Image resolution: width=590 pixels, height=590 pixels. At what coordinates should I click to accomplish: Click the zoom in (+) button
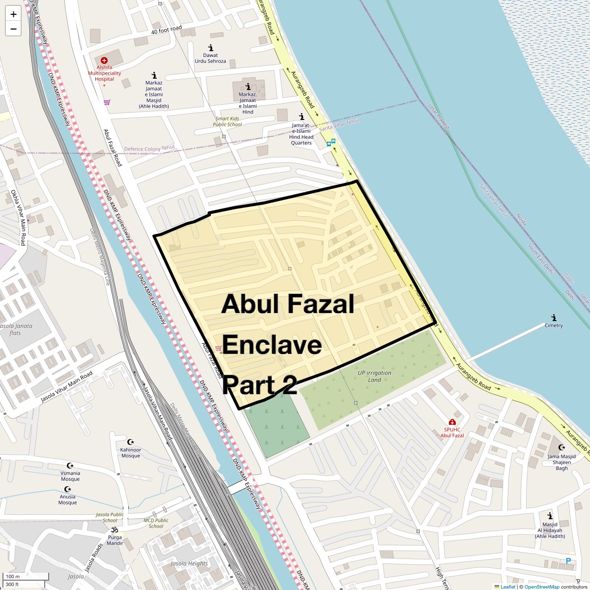13,14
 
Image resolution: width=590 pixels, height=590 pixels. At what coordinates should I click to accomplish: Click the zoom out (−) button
13,29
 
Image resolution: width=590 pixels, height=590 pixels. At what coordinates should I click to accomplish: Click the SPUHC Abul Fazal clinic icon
452,422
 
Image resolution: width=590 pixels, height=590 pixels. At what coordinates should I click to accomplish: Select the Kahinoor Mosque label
130,452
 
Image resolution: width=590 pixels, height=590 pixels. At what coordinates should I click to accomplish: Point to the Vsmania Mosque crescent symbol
70,465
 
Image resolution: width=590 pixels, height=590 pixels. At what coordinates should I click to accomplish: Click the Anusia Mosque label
67,499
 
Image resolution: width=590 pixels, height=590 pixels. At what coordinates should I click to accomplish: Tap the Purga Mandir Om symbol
115,530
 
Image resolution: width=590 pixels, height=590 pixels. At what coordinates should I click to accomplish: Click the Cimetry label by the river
554,325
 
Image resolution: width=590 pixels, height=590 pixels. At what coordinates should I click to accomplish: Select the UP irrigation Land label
375,376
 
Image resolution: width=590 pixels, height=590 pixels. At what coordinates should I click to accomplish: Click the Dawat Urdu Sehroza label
210,58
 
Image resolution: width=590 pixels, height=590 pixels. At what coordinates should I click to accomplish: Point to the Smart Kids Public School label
227,121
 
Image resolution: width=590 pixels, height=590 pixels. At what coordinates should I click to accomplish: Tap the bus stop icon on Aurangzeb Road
331,143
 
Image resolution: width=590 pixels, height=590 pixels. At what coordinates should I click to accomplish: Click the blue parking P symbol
568,560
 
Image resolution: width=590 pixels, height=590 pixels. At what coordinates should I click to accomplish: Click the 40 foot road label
167,29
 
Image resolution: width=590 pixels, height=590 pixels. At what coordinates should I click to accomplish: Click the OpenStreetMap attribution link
542,587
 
